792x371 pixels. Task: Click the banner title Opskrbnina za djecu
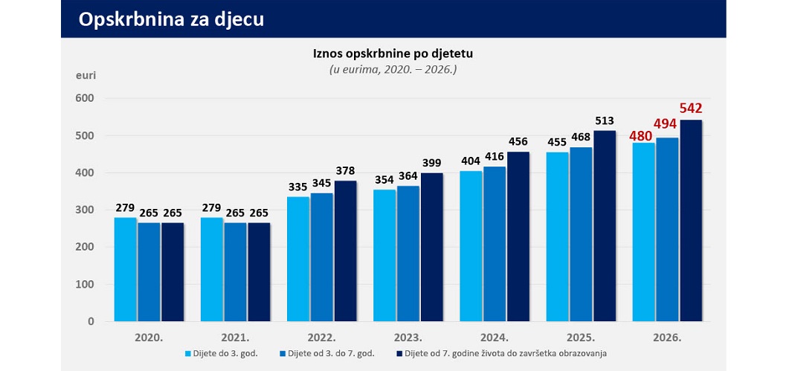tap(171, 20)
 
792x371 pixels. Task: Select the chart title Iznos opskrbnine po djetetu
tap(392, 54)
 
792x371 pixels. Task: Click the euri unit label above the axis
tap(86, 75)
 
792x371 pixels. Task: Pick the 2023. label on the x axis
tap(409, 337)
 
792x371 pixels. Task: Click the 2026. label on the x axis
tap(668, 337)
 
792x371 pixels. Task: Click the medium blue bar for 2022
tap(322, 257)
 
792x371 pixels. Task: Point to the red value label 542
tap(691, 109)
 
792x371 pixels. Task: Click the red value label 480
tap(641, 135)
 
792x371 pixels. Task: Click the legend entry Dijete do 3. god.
tap(224, 353)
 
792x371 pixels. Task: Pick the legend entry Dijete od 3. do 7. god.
tap(335, 353)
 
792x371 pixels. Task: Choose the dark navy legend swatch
tap(399, 353)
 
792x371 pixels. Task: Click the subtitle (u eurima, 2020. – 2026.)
tap(392, 69)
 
